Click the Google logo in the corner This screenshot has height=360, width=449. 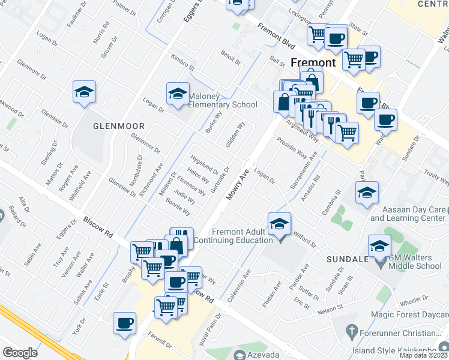click(20, 353)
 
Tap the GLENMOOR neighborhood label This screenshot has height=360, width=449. click(119, 126)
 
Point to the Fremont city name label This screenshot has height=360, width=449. click(313, 62)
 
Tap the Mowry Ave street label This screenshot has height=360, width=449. click(237, 185)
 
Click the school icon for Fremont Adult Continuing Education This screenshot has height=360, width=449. click(279, 224)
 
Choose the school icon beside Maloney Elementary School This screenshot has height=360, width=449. click(177, 94)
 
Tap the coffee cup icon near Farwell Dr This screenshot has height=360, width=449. click(125, 323)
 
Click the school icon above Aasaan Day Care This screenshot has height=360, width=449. click(367, 193)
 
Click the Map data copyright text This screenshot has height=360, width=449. click(424, 355)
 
